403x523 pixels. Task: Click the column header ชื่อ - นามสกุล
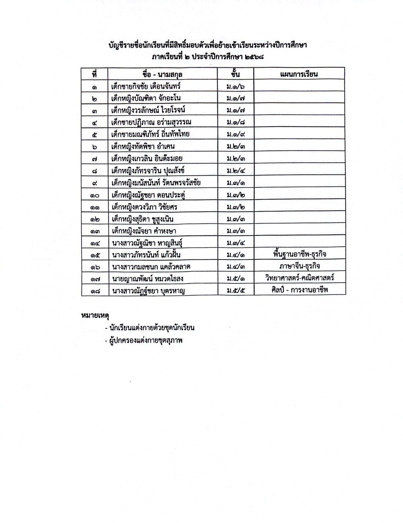[162, 74]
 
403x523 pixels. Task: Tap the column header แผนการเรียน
[299, 74]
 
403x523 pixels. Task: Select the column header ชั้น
[236, 73]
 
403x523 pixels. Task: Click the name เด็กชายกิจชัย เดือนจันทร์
[146, 86]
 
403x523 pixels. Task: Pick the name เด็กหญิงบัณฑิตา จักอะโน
[146, 98]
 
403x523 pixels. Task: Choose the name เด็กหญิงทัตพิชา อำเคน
[143, 146]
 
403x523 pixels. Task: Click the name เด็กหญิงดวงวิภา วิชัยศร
[145, 207]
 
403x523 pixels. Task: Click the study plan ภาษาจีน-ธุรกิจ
[299, 267]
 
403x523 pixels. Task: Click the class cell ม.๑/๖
[236, 86]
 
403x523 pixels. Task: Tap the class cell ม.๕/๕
[236, 290]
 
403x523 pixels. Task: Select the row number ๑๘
[95, 291]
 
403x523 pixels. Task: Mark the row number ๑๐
[95, 195]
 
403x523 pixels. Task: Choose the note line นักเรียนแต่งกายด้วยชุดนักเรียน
[152, 328]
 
